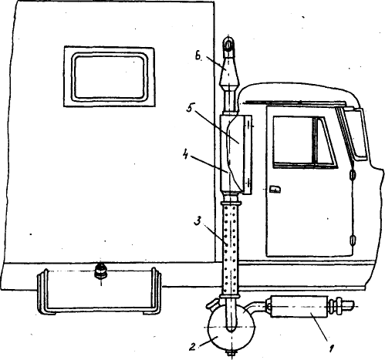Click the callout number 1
[x=332, y=348]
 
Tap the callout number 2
[x=192, y=347]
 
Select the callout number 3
[x=198, y=221]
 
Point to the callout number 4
[x=185, y=155]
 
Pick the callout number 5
[x=190, y=109]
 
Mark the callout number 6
[x=198, y=56]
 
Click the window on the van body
[x=110, y=76]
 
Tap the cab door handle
[x=275, y=189]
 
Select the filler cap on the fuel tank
[x=101, y=271]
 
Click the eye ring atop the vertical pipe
[x=228, y=44]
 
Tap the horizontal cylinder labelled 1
[x=299, y=307]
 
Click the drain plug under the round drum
[x=231, y=353]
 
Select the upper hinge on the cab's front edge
[x=352, y=175]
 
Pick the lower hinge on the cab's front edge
[x=352, y=240]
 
